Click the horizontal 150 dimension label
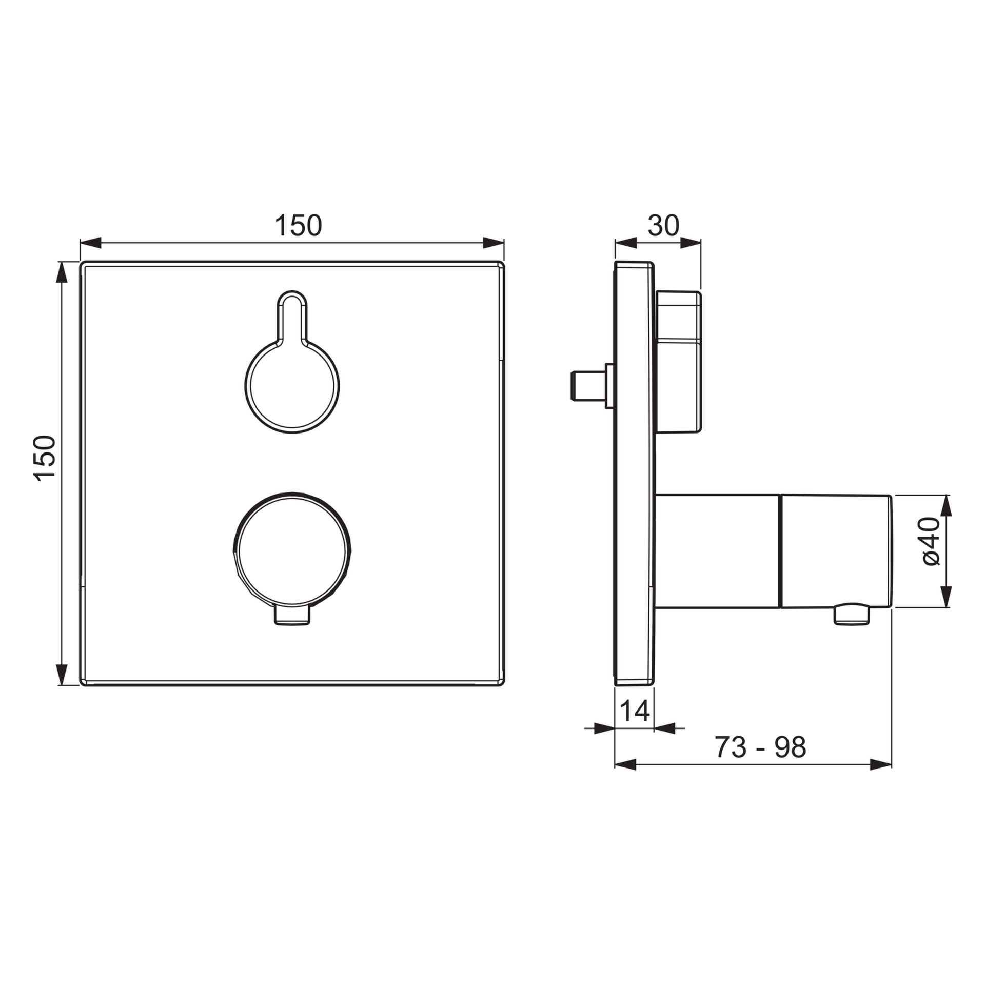(298, 225)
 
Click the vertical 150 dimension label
(45, 458)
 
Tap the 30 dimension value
(663, 225)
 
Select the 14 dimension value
(635, 711)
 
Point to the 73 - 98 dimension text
(760, 747)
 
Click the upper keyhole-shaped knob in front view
(292, 385)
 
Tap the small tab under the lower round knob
(292, 616)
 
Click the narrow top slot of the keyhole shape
(292, 316)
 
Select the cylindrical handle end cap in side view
(835, 551)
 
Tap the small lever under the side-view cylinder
(852, 615)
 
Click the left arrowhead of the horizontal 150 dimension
(91, 243)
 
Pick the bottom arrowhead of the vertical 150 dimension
(62, 674)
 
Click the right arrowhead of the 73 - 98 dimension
(881, 765)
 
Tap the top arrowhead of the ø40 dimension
(946, 505)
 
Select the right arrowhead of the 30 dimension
(691, 243)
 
